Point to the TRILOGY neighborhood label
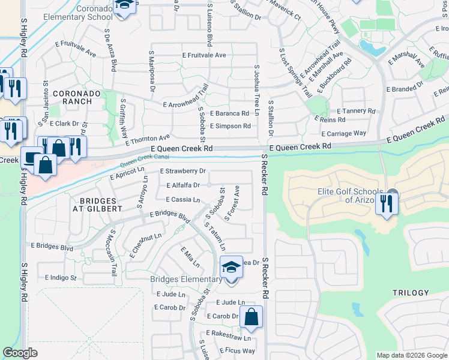click(x=411, y=293)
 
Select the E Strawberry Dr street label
click(x=183, y=171)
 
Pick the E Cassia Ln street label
click(x=182, y=199)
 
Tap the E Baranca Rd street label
click(x=229, y=113)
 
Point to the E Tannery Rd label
click(x=356, y=111)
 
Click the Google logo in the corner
click(x=20, y=353)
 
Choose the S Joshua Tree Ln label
click(x=256, y=91)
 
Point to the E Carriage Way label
click(x=344, y=133)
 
